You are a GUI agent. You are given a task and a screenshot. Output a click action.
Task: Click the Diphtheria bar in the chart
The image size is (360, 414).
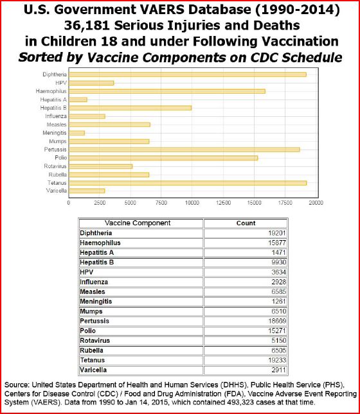pyautogui.click(x=188, y=74)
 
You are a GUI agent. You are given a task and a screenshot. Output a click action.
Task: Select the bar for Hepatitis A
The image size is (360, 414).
pyautogui.click(x=78, y=99)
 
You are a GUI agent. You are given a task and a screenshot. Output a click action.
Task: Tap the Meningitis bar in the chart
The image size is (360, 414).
pyautogui.click(x=76, y=133)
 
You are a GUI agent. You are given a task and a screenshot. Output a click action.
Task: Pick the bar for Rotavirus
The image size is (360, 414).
pyautogui.click(x=101, y=166)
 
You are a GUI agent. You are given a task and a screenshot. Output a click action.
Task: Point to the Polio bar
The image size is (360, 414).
pyautogui.click(x=163, y=158)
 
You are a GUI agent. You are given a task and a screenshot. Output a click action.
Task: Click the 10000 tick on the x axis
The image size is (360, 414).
pyautogui.click(x=192, y=203)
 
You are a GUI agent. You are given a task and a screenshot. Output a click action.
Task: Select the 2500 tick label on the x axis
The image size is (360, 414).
pyautogui.click(x=100, y=203)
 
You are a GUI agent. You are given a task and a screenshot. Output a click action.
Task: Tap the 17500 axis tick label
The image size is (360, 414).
pyautogui.click(x=285, y=203)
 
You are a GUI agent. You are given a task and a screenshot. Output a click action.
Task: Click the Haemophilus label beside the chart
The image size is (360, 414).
pyautogui.click(x=51, y=91)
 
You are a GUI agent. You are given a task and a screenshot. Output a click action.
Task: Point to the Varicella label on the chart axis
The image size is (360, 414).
pyautogui.click(x=57, y=191)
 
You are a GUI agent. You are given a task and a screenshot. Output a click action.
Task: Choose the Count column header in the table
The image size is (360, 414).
pyautogui.click(x=246, y=223)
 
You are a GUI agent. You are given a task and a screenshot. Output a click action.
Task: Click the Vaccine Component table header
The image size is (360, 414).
pyautogui.click(x=138, y=223)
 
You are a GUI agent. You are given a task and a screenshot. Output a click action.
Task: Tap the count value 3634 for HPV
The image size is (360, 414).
pyautogui.click(x=279, y=272)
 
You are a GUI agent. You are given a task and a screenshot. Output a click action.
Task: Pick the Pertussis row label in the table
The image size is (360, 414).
pyautogui.click(x=94, y=321)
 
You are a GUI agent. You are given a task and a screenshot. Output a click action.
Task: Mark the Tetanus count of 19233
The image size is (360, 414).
pyautogui.click(x=277, y=360)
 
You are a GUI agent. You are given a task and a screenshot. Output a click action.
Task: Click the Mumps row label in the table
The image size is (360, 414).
pyautogui.click(x=91, y=311)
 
